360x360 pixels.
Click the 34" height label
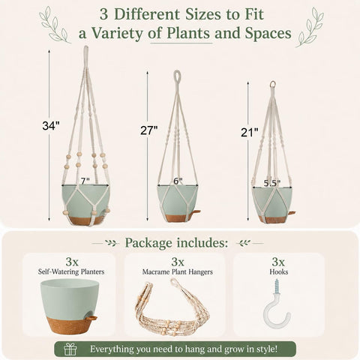point(51,125)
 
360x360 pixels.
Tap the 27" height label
point(149,130)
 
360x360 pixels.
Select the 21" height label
point(250,132)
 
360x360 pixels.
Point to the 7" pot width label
point(85,181)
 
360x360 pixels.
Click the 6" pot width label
point(178,181)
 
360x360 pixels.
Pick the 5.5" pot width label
point(272,184)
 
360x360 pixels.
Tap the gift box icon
point(70,349)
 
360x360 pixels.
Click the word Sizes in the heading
point(205,14)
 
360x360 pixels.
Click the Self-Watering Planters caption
point(71,271)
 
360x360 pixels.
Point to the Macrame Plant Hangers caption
point(178,271)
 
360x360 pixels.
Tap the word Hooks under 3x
point(279,271)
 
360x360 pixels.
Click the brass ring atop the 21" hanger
point(272,84)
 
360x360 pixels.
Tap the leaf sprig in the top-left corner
point(54,25)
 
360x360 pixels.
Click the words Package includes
point(176,243)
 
